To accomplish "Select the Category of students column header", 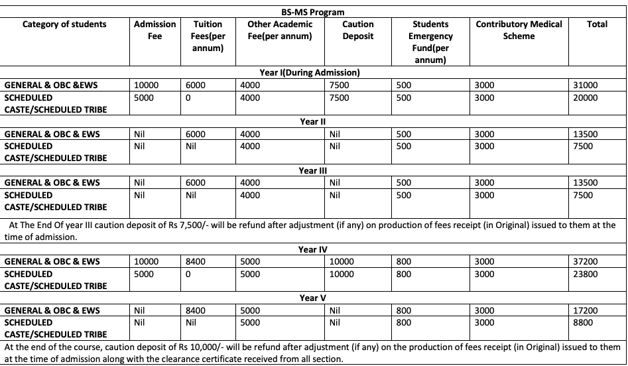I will [64, 24].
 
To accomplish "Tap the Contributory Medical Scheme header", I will [519, 30].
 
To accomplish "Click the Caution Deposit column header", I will [357, 30].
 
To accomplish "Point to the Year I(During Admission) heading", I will [310, 73].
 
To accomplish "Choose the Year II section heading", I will [312, 121].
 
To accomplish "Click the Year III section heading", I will [312, 170].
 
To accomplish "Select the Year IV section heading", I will [313, 249].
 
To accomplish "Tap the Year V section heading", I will [312, 298].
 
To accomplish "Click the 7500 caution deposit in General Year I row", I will [340, 85].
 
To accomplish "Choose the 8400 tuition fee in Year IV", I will [196, 261].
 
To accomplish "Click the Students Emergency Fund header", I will [432, 42].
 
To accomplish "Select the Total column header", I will [597, 24].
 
